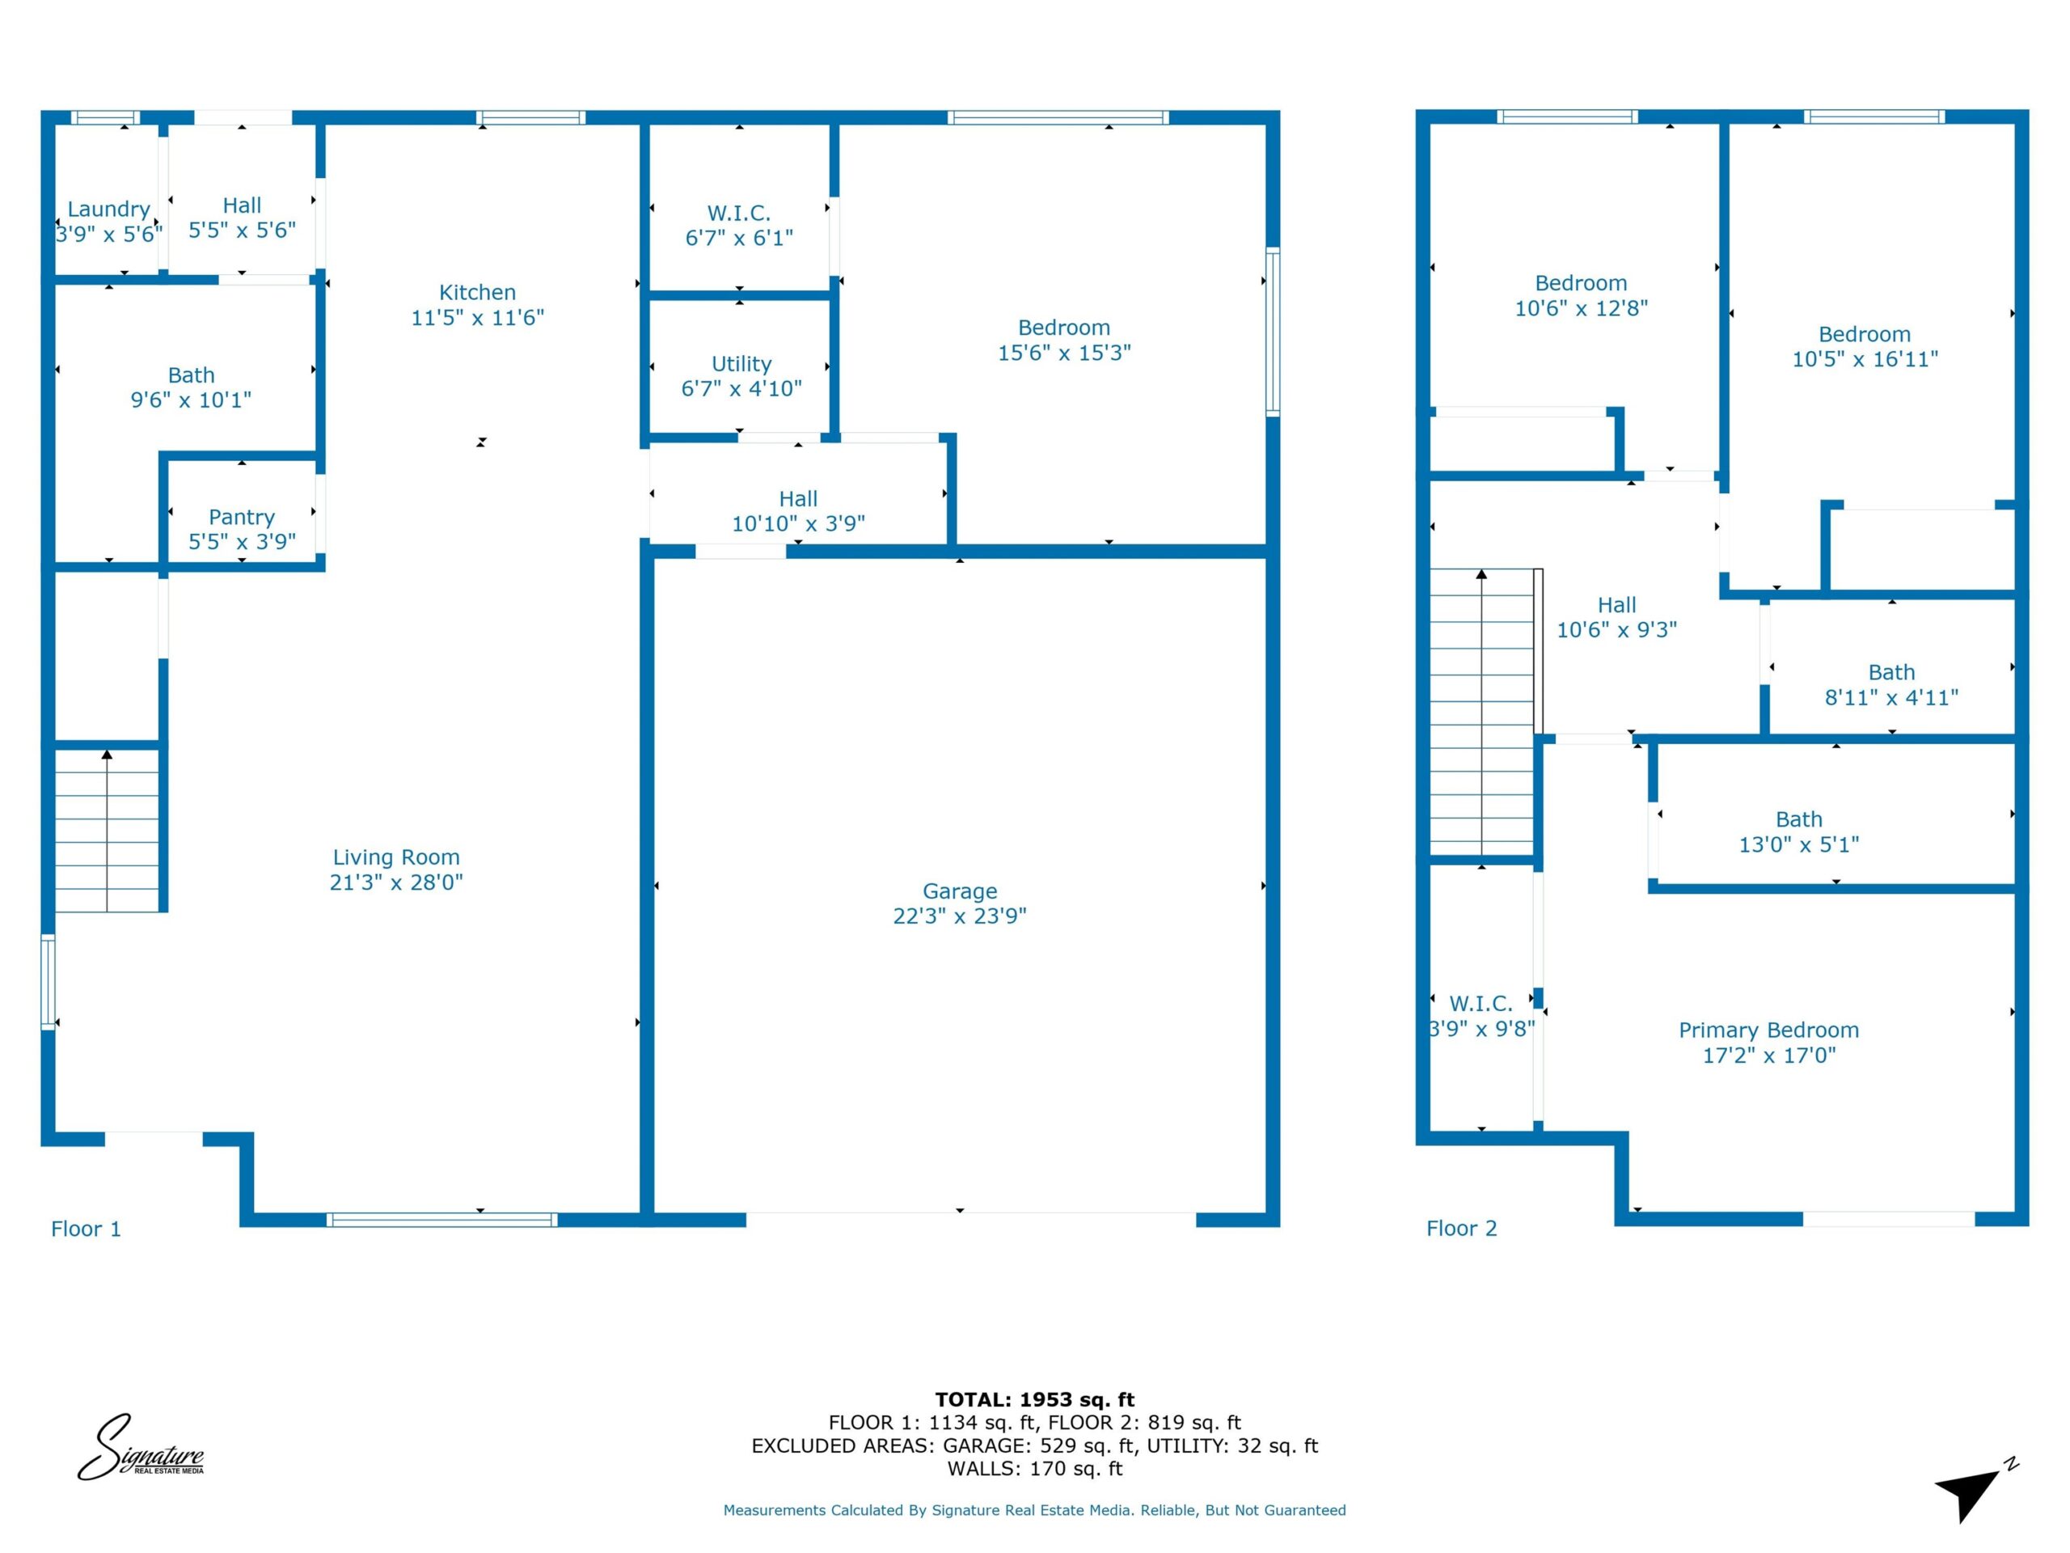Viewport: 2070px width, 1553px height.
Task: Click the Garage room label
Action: [x=959, y=891]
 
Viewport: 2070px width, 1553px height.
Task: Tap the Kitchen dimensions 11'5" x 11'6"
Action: [x=477, y=317]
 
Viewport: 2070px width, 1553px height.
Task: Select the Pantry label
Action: [x=242, y=517]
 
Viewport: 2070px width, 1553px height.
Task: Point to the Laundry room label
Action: [x=108, y=209]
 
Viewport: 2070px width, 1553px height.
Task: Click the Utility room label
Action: [x=741, y=363]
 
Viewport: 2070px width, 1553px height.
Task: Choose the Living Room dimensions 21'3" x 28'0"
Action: [x=396, y=882]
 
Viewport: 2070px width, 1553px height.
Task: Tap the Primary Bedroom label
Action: [x=1768, y=1030]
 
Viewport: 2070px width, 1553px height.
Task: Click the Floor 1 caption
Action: [x=86, y=1229]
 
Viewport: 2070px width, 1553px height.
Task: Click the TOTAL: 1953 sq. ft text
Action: [x=1035, y=1399]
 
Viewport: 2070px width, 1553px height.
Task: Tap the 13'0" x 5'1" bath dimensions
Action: [x=1798, y=844]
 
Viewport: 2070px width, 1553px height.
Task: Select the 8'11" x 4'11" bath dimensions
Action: [x=1891, y=697]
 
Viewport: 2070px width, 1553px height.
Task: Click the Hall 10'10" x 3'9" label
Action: [x=798, y=511]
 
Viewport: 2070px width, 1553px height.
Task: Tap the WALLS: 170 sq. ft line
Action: [x=1035, y=1469]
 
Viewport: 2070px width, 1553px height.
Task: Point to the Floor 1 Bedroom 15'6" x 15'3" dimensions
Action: [x=1064, y=353]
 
